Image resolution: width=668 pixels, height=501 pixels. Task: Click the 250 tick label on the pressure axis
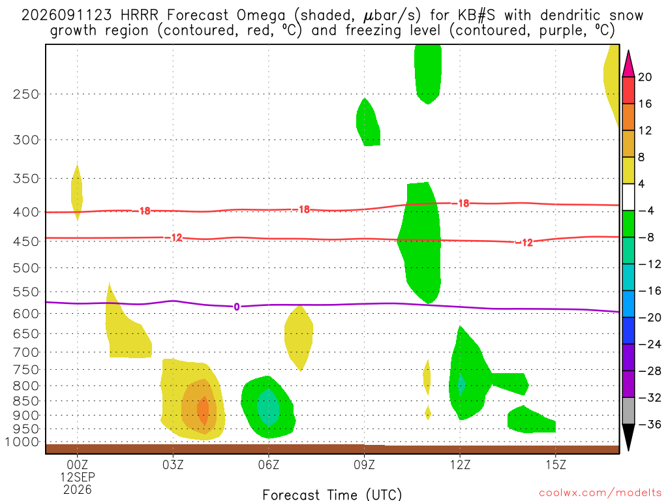[26, 94]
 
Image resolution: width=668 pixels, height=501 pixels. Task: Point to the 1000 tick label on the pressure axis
[23, 442]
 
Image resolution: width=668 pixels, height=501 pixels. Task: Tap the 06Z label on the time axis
[269, 464]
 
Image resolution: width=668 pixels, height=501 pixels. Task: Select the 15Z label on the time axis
[556, 464]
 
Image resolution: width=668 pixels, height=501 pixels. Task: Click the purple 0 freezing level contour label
[237, 307]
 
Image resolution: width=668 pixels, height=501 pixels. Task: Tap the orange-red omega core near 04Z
[204, 411]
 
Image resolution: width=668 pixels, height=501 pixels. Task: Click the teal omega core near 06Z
[268, 407]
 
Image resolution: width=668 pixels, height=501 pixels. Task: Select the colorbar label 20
[645, 77]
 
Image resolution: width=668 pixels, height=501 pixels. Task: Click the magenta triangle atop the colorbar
[628, 64]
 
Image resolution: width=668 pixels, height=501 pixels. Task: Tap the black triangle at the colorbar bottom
[628, 437]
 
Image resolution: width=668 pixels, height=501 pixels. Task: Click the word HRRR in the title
[140, 16]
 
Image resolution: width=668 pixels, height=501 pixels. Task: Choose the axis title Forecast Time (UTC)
[332, 494]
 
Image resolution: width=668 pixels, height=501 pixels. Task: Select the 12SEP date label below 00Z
[78, 477]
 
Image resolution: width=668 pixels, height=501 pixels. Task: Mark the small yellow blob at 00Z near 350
[77, 192]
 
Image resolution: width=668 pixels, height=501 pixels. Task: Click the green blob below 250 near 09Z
[368, 122]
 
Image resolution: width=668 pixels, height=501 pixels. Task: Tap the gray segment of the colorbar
[628, 411]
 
